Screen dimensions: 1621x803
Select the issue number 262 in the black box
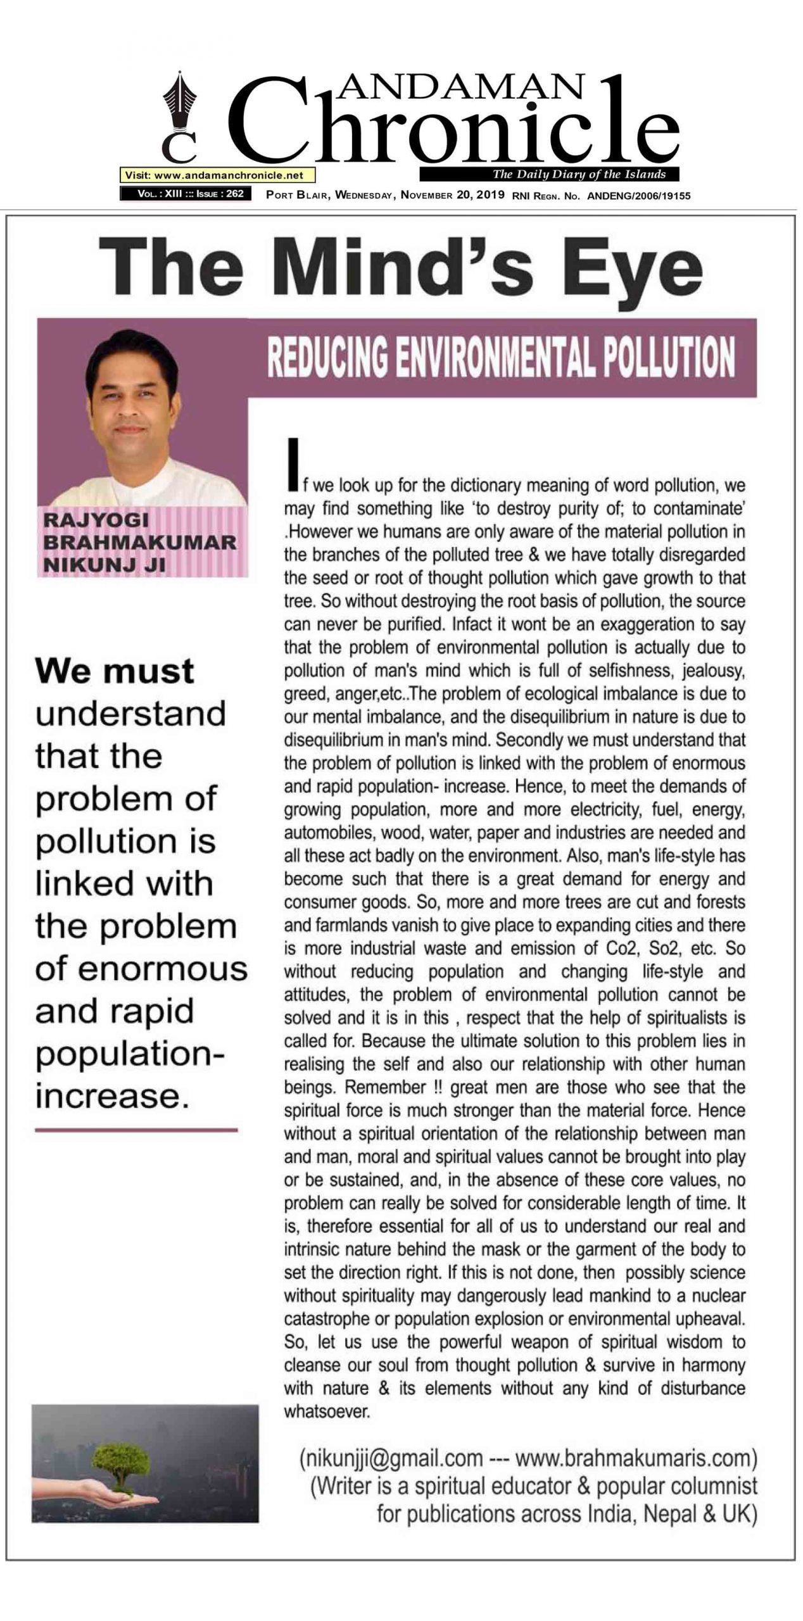coord(234,194)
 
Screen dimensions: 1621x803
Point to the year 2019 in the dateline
coord(490,195)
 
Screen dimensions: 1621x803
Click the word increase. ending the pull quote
coord(112,1096)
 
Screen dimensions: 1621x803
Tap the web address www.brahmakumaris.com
coord(635,1458)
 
